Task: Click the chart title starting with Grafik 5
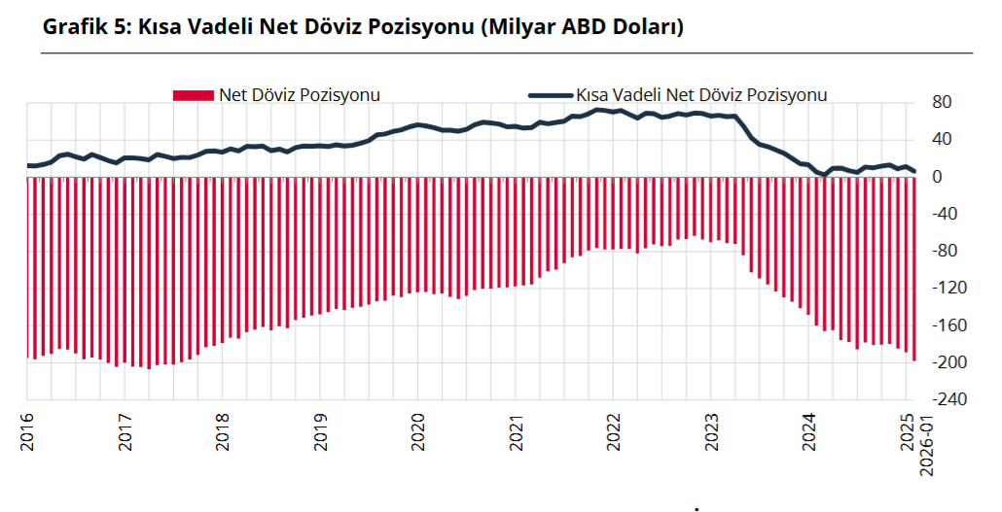pos(363,27)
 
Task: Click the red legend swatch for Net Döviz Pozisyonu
pos(193,95)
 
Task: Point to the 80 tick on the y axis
pos(942,103)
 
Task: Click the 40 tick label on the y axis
pos(942,140)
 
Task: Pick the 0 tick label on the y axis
pos(938,177)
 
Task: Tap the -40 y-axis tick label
pos(945,215)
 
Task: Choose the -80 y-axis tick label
pos(945,252)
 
